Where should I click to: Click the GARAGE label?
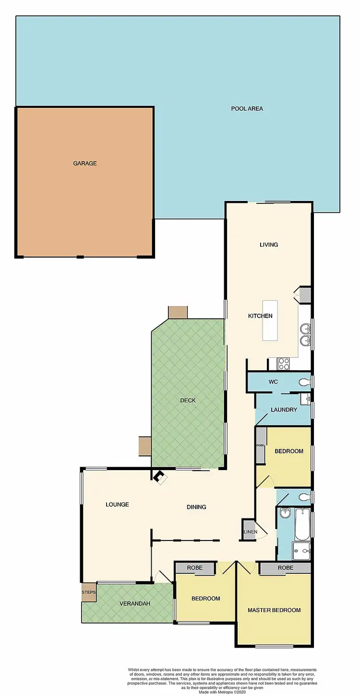[85, 164]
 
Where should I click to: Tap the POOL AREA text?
[247, 109]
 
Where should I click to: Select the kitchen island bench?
[270, 320]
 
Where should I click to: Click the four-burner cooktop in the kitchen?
[284, 364]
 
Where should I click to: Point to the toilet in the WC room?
[304, 382]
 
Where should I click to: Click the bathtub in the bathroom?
[302, 525]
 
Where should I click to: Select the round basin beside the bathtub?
[285, 513]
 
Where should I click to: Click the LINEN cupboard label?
[250, 532]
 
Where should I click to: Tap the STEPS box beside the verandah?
[89, 592]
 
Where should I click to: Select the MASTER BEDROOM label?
[274, 610]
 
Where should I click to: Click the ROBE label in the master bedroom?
[285, 568]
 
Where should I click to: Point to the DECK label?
[188, 401]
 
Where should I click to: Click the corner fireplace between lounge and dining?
[159, 477]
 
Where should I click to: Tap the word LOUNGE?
[118, 505]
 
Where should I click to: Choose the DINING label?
[196, 507]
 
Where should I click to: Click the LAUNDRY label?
[284, 410]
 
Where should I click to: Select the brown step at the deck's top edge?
[178, 312]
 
